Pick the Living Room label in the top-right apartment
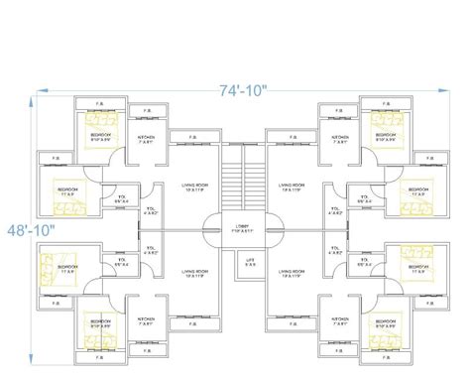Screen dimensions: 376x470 coord(291,186)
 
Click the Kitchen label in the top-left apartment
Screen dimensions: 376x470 coord(146,140)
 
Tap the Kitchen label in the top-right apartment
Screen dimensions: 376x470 coord(339,140)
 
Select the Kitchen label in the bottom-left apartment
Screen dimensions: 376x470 coord(146,321)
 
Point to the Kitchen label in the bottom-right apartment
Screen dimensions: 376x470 coord(339,321)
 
